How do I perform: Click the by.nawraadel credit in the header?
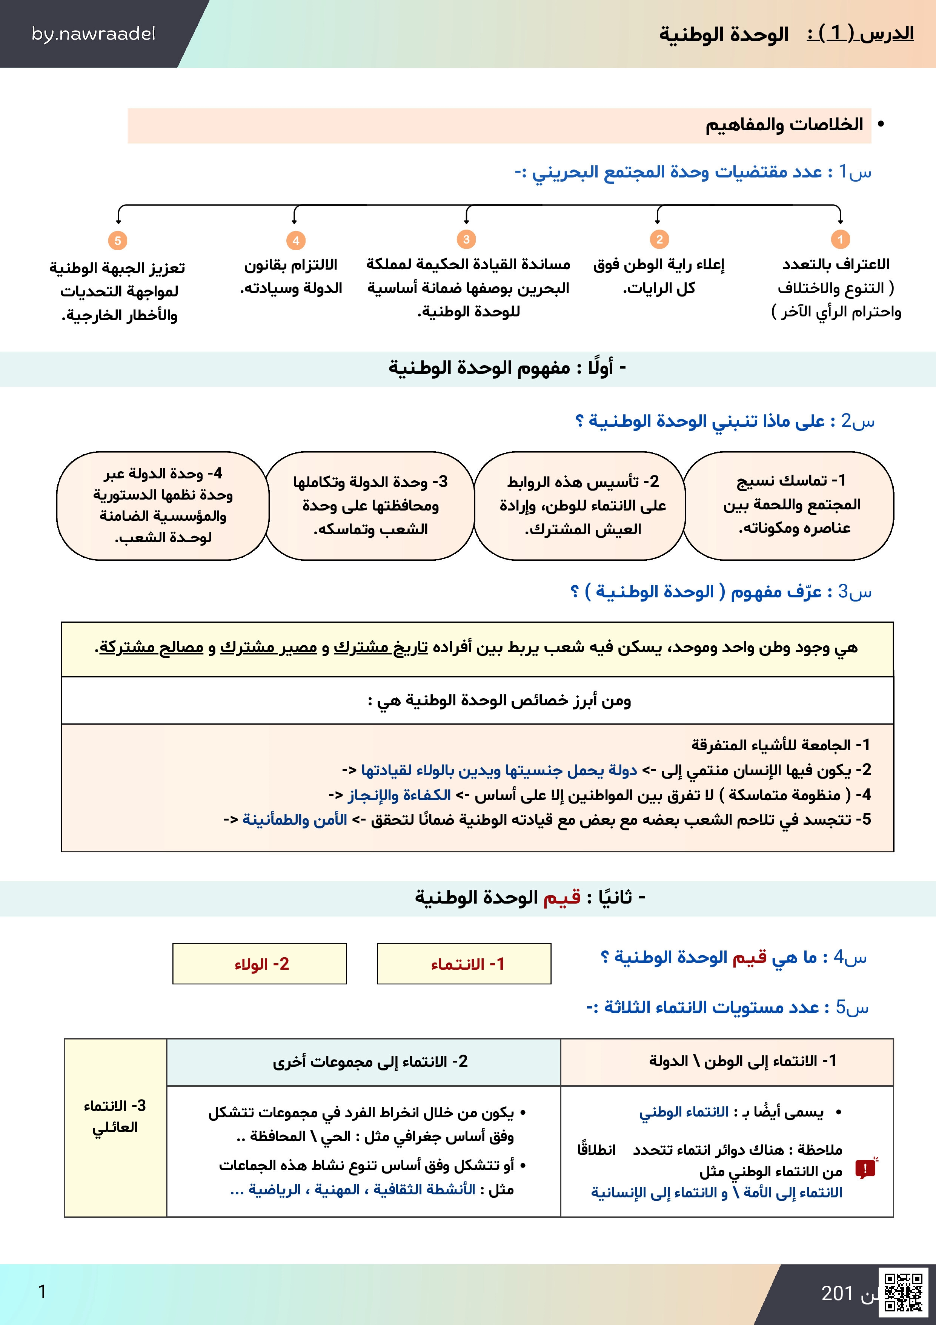pyautogui.click(x=94, y=34)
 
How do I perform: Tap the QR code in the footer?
pyautogui.click(x=903, y=1292)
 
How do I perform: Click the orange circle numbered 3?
pyautogui.click(x=466, y=239)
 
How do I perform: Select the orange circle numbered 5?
pyautogui.click(x=118, y=241)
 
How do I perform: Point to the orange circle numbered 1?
pyautogui.click(x=840, y=239)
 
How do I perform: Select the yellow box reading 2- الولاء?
pyautogui.click(x=260, y=964)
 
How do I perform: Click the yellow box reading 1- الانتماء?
pyautogui.click(x=464, y=964)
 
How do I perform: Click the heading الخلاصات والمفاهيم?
pyautogui.click(x=784, y=125)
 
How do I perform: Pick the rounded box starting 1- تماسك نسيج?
pyautogui.click(x=788, y=506)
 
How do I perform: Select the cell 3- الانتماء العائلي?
pyautogui.click(x=115, y=1117)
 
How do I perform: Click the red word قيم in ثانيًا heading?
pyautogui.click(x=562, y=898)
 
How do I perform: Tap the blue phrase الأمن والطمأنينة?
pyautogui.click(x=295, y=819)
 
